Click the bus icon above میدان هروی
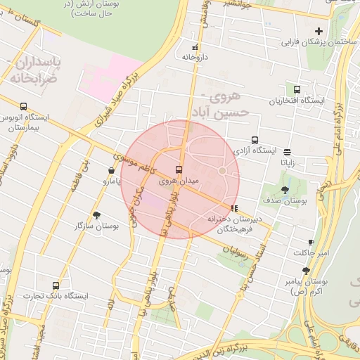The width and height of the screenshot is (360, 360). point(179,169)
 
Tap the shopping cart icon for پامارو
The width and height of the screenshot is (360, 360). point(112,170)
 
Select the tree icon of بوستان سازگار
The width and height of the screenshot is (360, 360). point(96,215)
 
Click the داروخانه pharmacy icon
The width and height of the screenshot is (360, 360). point(195,48)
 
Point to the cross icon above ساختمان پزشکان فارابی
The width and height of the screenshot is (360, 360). point(319,30)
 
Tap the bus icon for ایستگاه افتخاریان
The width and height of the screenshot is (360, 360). point(297,89)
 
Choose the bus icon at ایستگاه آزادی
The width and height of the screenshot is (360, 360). point(255,139)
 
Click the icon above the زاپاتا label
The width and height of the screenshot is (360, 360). point(288,151)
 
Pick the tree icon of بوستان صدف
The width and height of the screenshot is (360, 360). point(284,190)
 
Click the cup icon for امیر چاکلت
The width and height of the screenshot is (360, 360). point(311,242)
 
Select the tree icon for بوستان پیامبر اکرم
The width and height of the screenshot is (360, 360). point(305,271)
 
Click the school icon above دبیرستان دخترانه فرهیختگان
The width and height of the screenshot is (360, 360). point(234,208)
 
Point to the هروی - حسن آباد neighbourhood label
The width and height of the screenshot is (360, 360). point(222,103)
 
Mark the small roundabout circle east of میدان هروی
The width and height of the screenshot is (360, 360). point(222,171)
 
